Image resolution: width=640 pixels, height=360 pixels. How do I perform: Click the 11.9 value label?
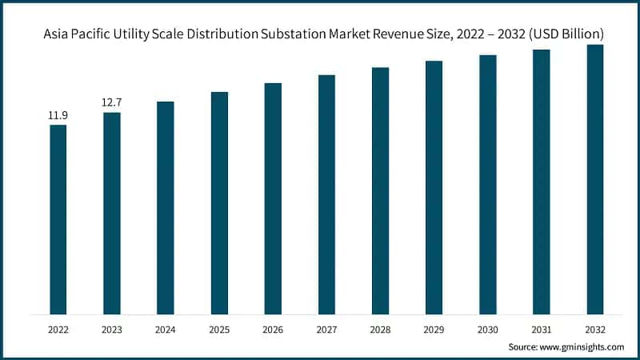[58, 116]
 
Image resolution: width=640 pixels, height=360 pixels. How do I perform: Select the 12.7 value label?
[112, 102]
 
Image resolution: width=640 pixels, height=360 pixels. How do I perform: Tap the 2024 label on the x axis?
[166, 329]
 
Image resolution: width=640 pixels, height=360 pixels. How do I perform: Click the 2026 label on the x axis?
[273, 329]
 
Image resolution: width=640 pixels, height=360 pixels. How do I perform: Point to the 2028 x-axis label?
[380, 329]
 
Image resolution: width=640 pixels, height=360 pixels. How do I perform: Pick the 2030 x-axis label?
[487, 329]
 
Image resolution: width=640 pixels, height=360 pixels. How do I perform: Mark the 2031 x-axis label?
[542, 329]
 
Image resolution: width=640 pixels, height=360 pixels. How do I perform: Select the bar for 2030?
[487, 184]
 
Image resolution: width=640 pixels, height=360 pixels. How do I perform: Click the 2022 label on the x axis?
[58, 329]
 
